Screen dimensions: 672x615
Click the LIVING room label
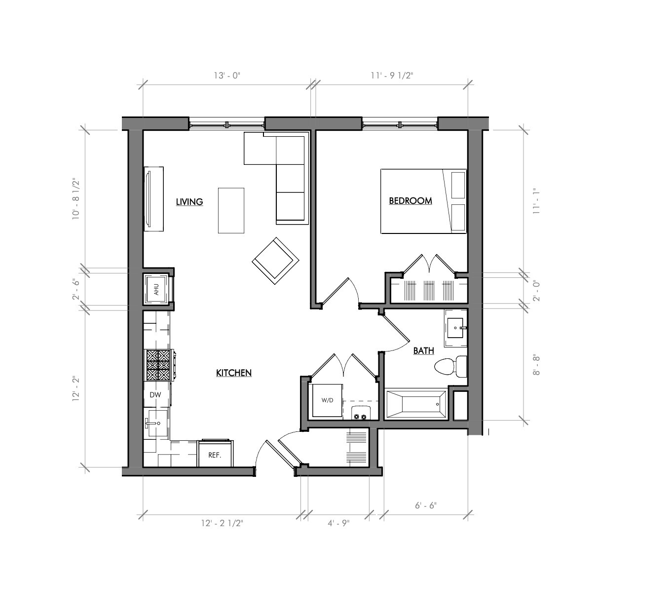tap(189, 202)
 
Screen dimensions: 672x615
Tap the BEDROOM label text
tap(411, 201)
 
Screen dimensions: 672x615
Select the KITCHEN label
tap(234, 373)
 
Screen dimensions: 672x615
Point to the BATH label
tap(423, 350)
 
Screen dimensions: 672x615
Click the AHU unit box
tap(156, 289)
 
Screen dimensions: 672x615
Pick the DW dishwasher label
tap(155, 395)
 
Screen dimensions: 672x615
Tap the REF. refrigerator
tap(215, 454)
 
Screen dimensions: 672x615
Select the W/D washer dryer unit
tap(327, 400)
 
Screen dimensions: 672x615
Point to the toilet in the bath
tap(450, 366)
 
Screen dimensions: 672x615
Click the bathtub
tap(416, 404)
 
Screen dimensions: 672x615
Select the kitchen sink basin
tap(158, 423)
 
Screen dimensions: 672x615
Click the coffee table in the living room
tap(231, 210)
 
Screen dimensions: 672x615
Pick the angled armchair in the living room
tap(275, 261)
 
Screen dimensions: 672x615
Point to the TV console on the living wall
tap(154, 199)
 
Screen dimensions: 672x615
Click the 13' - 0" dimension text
tap(227, 76)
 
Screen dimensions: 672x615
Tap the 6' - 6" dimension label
tap(426, 505)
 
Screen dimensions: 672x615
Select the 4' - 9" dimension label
tap(338, 523)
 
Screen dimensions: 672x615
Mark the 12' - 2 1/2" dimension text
tap(222, 523)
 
